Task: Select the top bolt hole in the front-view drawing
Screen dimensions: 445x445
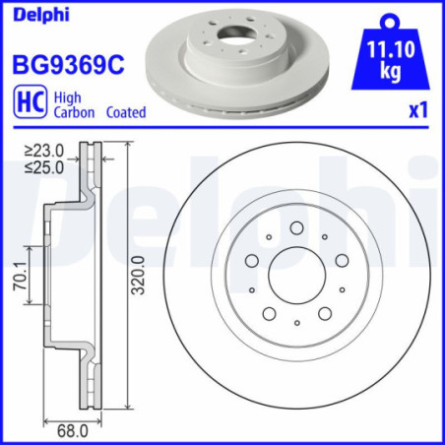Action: [x=297, y=228]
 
